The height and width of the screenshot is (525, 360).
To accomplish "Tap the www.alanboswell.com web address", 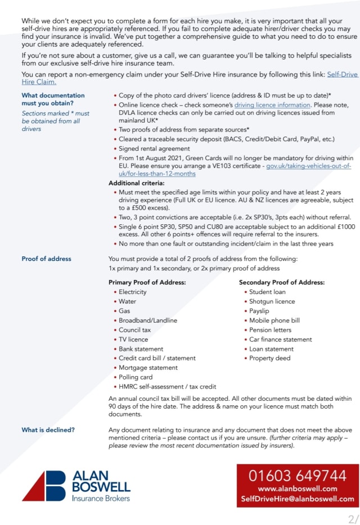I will click(298, 488).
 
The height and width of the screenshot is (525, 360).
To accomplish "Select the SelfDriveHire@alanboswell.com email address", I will click(298, 499).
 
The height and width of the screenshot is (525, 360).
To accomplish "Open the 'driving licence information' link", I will click(272, 105).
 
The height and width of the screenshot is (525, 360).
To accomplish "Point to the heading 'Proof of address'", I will click(46, 259).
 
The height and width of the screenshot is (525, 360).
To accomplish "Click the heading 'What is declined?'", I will click(48, 430).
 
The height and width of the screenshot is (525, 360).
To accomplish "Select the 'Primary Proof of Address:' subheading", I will click(147, 282).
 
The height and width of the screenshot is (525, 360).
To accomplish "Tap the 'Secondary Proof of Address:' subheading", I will click(281, 282).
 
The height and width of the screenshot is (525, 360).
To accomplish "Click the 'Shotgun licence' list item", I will click(272, 301).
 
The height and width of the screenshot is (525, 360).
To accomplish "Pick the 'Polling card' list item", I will click(136, 377).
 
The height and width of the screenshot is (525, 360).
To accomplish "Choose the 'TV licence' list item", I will click(133, 340).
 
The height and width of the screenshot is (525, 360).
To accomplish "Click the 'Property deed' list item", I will click(270, 358).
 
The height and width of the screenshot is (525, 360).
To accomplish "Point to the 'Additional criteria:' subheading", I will click(136, 183).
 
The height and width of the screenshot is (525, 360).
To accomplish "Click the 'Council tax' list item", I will click(134, 330).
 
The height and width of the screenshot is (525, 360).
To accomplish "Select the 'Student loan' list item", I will click(267, 292).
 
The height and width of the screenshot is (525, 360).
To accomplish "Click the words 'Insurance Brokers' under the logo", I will click(101, 498).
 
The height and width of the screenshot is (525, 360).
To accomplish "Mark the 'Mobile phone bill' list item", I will click(274, 320).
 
